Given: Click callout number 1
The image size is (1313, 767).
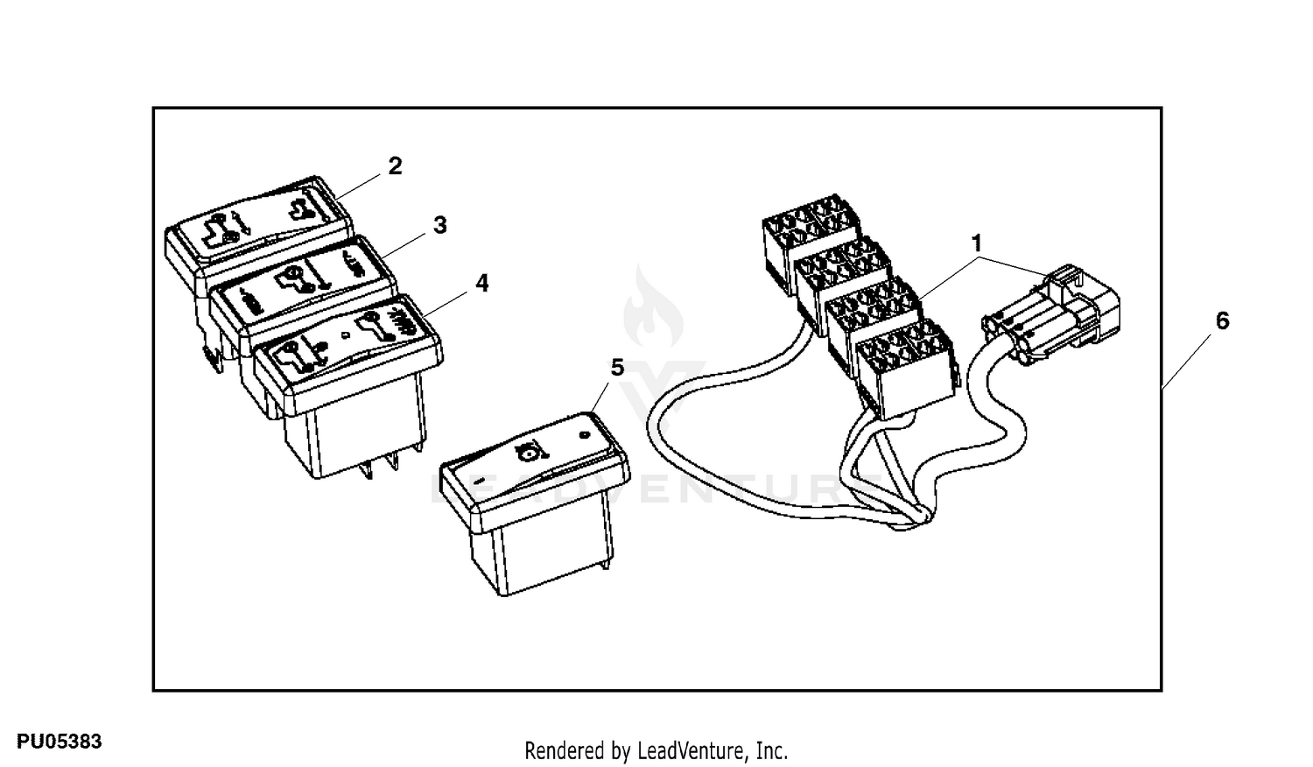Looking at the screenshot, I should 976,243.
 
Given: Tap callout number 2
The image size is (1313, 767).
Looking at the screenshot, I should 395,165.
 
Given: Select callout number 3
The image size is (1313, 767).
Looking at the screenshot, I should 439,225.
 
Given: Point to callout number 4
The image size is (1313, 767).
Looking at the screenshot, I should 481,283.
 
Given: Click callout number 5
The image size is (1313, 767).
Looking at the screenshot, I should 617,368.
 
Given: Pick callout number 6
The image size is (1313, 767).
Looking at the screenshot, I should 1222,320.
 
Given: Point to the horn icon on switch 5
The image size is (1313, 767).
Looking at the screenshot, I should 527,452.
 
